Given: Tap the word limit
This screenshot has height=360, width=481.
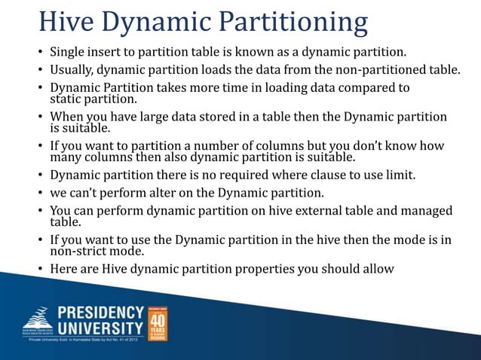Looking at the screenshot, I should (x=402, y=176).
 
